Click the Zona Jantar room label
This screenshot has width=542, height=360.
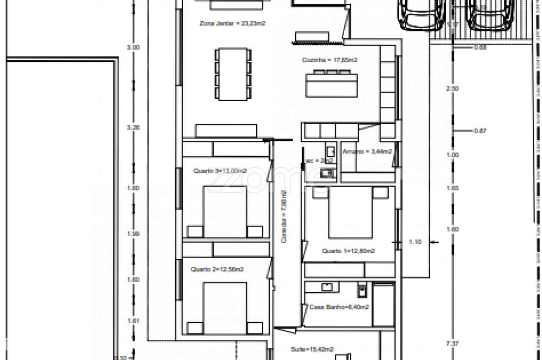tap(232, 24)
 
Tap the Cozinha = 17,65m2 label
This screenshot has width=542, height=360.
tap(329, 60)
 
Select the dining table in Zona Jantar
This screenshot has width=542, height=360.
tap(232, 74)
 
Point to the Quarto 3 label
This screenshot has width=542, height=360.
tap(220, 171)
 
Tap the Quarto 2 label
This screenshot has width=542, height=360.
tap(217, 269)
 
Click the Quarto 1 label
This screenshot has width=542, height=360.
tap(348, 251)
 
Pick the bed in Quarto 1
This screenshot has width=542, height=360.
tap(350, 212)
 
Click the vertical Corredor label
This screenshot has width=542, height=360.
tap(284, 217)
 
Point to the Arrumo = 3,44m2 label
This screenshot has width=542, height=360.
tap(367, 151)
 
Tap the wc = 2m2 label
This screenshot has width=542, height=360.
tap(314, 161)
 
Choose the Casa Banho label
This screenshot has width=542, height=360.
tap(339, 307)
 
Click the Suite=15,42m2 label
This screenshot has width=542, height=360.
tap(312, 349)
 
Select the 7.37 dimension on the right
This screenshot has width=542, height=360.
tap(453, 344)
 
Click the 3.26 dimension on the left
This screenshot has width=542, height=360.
tap(133, 127)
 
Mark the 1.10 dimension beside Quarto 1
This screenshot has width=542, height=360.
tap(415, 242)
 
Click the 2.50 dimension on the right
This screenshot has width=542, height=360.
tap(453, 89)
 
